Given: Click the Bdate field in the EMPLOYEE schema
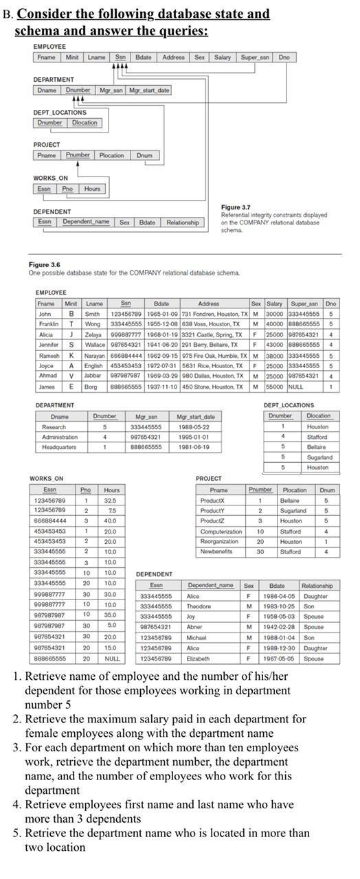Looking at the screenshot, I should pyautogui.click(x=144, y=58).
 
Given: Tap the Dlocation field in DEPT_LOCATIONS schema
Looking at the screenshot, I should pyautogui.click(x=85, y=123).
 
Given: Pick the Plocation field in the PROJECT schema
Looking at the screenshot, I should pyautogui.click(x=111, y=155).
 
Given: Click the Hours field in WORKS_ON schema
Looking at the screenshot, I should pyautogui.click(x=91, y=188).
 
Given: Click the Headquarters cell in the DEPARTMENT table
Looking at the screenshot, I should pyautogui.click(x=60, y=447).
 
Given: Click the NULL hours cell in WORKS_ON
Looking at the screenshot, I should pyautogui.click(x=111, y=658).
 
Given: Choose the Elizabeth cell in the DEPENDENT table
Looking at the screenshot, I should pyautogui.click(x=200, y=658).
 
